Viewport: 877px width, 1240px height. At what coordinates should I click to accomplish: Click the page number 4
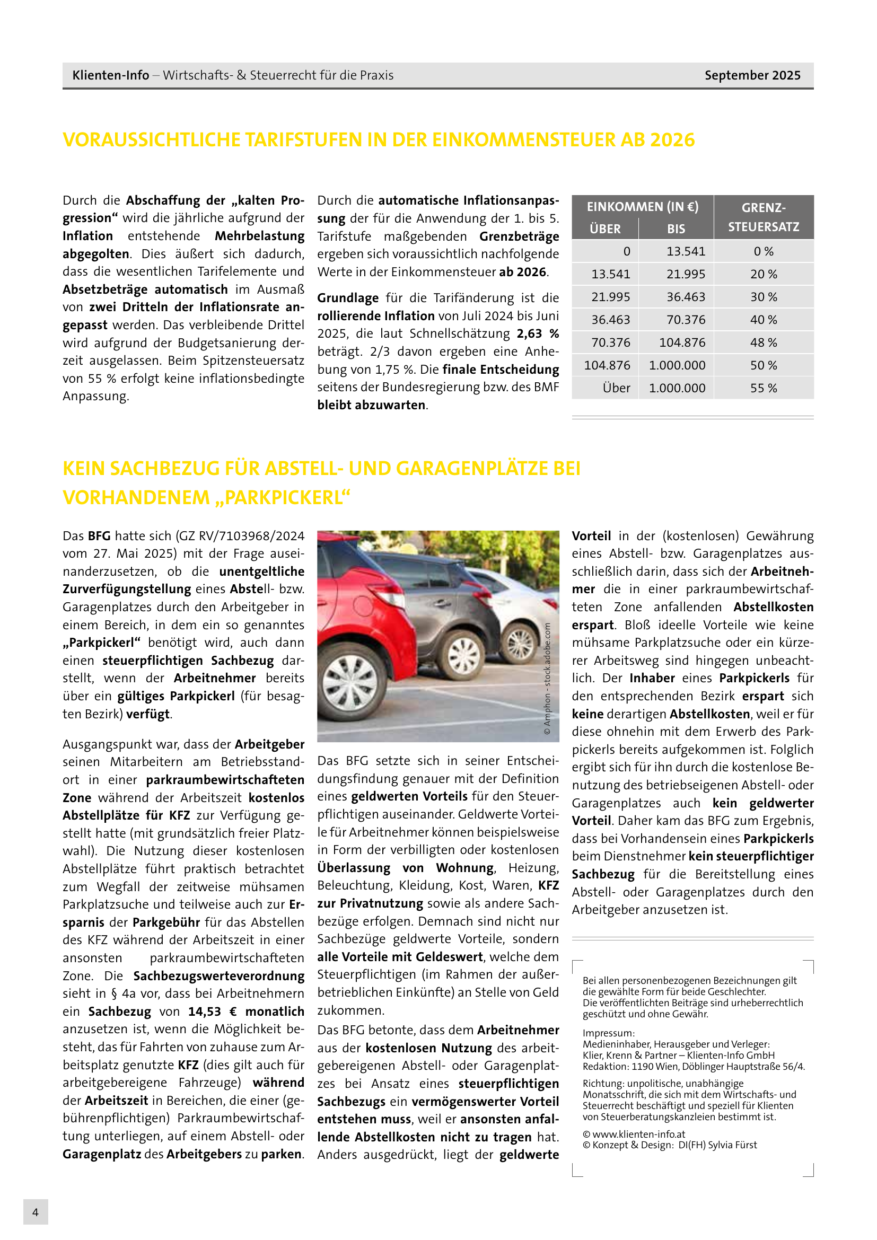tap(36, 1212)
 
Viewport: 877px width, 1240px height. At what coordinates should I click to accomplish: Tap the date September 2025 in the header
tap(752, 75)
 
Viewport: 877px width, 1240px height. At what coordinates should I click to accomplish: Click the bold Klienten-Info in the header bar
tap(111, 75)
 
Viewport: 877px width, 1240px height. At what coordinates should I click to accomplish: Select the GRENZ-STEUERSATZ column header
tap(763, 217)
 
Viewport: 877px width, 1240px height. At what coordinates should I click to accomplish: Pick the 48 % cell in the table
tap(763, 342)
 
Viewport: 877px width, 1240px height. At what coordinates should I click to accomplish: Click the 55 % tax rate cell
tap(763, 388)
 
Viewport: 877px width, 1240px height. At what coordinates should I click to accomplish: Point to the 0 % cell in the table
tap(763, 251)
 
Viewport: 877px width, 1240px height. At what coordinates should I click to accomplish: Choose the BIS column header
tap(676, 228)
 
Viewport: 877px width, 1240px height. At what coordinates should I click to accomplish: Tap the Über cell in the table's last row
tap(616, 388)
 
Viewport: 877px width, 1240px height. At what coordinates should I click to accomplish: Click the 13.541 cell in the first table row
tap(685, 251)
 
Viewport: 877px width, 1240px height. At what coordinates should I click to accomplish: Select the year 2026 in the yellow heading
tap(672, 140)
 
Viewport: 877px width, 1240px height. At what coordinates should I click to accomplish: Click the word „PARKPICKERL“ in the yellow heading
tap(283, 497)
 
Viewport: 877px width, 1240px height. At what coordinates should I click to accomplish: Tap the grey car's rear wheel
tap(463, 656)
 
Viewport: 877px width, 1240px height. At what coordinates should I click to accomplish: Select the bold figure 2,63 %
tap(537, 334)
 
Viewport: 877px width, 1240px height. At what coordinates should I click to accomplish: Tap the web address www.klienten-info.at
tap(638, 1134)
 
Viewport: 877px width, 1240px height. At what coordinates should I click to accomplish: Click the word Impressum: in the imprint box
tap(609, 1033)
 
